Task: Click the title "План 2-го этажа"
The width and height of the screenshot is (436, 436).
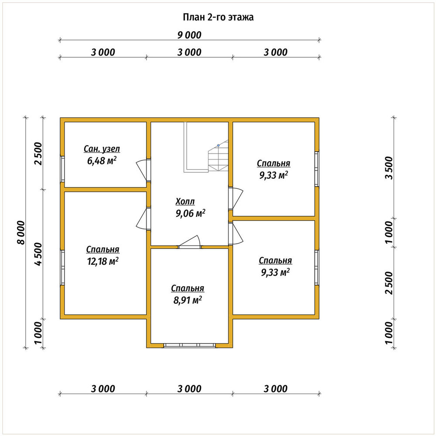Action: pyautogui.click(x=218, y=17)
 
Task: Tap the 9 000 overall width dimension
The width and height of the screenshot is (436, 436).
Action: pyautogui.click(x=189, y=35)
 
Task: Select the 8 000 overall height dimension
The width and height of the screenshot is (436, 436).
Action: pyautogui.click(x=21, y=233)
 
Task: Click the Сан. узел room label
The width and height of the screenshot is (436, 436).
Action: pyautogui.click(x=102, y=149)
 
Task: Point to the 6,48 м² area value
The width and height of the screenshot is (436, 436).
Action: pyautogui.click(x=102, y=161)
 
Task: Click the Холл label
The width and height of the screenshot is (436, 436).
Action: pyautogui.click(x=185, y=201)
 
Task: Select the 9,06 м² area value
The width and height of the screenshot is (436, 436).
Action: pyautogui.click(x=191, y=213)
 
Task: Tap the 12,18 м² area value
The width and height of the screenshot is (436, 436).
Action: pyautogui.click(x=103, y=261)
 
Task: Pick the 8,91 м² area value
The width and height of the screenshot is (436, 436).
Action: pyautogui.click(x=187, y=300)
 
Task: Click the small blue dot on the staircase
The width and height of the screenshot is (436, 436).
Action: pyautogui.click(x=218, y=146)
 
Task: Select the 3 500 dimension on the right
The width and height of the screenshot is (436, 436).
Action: pyautogui.click(x=389, y=168)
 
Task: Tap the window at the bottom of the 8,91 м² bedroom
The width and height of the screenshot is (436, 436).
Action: pyautogui.click(x=190, y=345)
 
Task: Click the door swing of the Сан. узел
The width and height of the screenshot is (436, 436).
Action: pyautogui.click(x=142, y=170)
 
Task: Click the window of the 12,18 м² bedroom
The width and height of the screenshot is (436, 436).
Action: pyautogui.click(x=62, y=268)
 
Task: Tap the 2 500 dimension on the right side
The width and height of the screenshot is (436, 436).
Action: pyautogui.click(x=389, y=283)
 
